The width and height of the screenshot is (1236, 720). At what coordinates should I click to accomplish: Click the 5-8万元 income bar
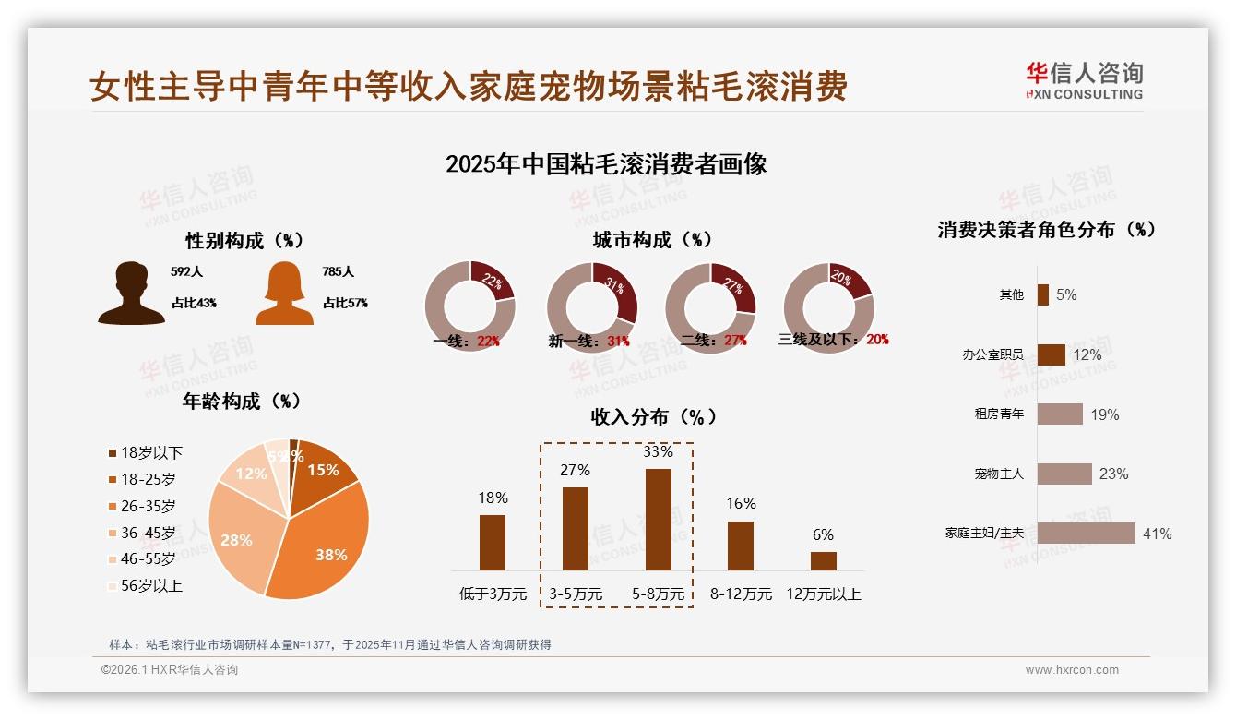[x=658, y=519]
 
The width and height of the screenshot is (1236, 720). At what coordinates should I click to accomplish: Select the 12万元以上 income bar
[x=823, y=561]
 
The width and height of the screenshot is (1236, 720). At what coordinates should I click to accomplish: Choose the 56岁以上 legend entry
[x=151, y=585]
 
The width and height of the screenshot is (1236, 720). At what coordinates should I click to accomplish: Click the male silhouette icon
[x=131, y=294]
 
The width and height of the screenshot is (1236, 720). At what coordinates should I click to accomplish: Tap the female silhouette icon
[x=284, y=294]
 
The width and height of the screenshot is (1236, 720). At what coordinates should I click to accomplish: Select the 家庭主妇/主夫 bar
[x=1086, y=534]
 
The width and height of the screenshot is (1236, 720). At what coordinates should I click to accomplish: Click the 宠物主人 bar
[x=1064, y=474]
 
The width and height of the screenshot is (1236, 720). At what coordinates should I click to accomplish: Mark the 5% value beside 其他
[x=1066, y=295]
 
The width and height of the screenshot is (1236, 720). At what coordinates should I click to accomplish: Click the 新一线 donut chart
[x=591, y=307]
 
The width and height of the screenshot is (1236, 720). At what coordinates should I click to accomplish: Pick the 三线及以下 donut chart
[x=827, y=307]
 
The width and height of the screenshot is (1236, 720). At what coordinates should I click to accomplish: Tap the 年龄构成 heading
[x=242, y=402]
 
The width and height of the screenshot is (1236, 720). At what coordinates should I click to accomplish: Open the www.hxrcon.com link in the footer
[x=1071, y=670]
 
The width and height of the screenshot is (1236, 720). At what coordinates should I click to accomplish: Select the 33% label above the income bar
[x=658, y=452]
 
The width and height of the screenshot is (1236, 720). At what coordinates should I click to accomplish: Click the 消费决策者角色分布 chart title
[x=1046, y=230]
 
